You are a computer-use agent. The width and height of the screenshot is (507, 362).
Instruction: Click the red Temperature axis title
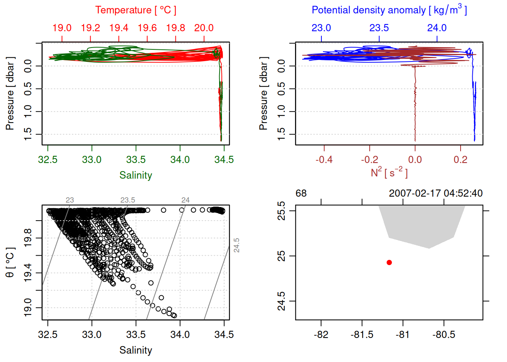pyautogui.click(x=136, y=10)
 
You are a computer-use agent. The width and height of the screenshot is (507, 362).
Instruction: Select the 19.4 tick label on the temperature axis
pyautogui.click(x=119, y=28)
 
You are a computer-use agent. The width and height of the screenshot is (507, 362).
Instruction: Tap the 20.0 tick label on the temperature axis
pyautogui.click(x=204, y=28)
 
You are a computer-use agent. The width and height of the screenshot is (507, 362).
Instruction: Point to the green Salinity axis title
pyautogui.click(x=136, y=175)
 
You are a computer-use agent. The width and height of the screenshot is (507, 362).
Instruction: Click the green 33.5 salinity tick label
pyautogui.click(x=136, y=160)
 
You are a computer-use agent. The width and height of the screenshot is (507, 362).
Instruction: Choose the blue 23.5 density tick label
pyautogui.click(x=379, y=28)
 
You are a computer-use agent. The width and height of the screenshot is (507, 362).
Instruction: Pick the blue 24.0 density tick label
pyautogui.click(x=437, y=28)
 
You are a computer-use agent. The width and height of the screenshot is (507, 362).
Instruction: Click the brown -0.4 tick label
pyautogui.click(x=324, y=160)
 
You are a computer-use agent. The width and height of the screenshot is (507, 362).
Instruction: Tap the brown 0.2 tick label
pyautogui.click(x=461, y=160)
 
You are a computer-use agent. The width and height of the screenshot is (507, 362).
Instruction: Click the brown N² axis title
pyautogui.click(x=389, y=172)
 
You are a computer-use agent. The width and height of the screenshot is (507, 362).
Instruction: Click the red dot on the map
pyautogui.click(x=389, y=262)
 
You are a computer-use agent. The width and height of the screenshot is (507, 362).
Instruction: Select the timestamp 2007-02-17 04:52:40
pyautogui.click(x=436, y=193)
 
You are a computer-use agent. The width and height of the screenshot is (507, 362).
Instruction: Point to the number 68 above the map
pyautogui.click(x=301, y=193)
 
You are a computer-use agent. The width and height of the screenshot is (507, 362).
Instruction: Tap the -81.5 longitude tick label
pyautogui.click(x=362, y=334)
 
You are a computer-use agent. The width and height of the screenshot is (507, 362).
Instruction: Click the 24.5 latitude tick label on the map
pyautogui.click(x=281, y=301)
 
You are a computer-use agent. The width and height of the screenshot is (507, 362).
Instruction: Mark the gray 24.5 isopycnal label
pyautogui.click(x=237, y=245)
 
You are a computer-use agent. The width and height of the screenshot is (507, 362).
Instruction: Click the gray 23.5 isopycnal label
pyautogui.click(x=128, y=200)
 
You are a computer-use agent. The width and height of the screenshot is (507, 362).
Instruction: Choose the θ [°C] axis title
pyautogui.click(x=10, y=262)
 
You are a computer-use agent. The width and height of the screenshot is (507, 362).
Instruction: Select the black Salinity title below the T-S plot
pyautogui.click(x=136, y=350)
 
